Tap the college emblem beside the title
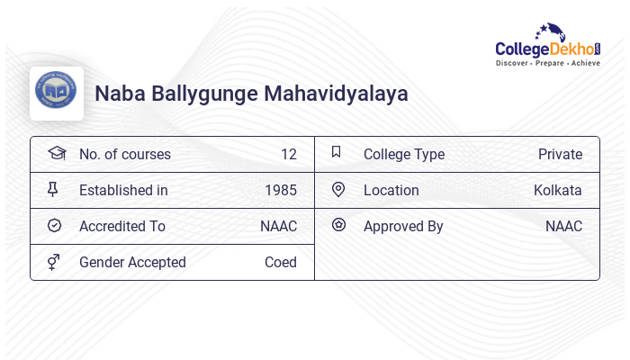(x=56, y=93)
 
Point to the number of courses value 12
(x=288, y=154)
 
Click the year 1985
(x=281, y=190)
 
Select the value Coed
(x=281, y=262)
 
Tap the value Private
(x=560, y=154)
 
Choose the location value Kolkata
(x=557, y=190)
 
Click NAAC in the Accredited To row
(x=278, y=226)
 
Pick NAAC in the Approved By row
(x=563, y=226)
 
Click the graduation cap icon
(x=56, y=153)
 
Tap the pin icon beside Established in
(x=53, y=189)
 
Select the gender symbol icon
(x=53, y=262)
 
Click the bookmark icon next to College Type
(x=337, y=152)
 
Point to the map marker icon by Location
(x=338, y=189)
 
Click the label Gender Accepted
(x=132, y=262)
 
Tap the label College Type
(x=403, y=154)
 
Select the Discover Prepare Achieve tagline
(x=548, y=64)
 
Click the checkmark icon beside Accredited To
(x=54, y=225)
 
